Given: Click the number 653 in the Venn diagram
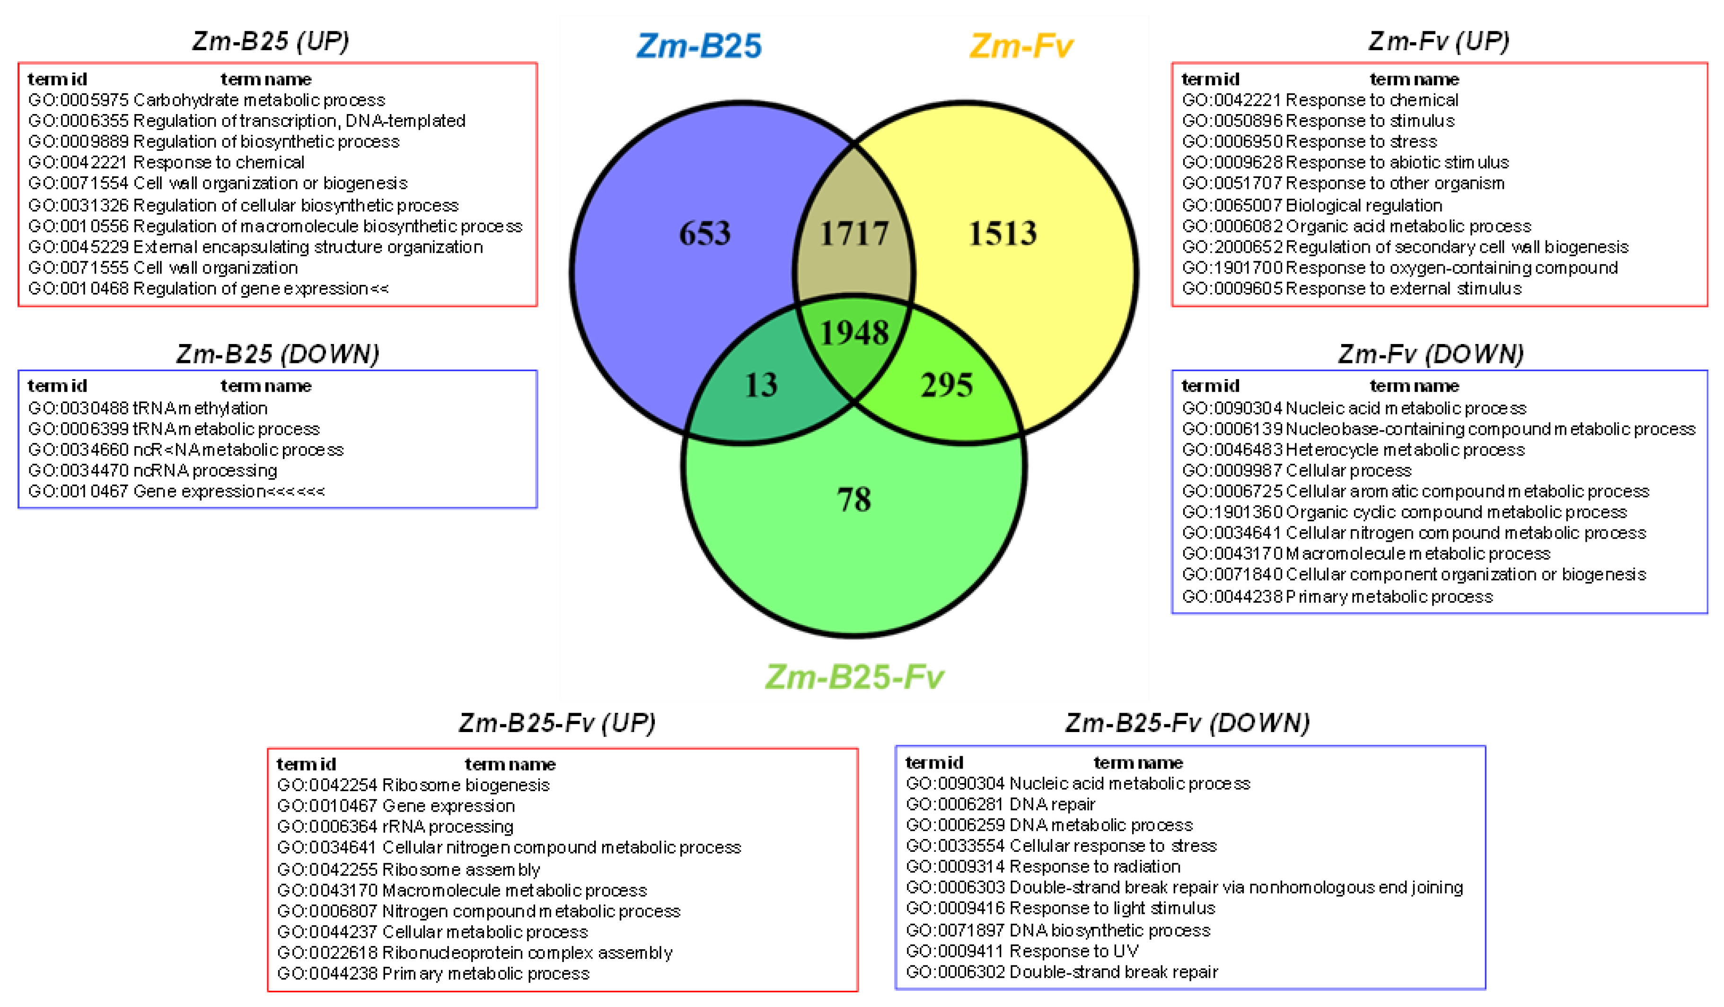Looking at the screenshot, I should tap(704, 233).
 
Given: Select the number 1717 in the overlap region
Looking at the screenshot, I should tap(854, 234).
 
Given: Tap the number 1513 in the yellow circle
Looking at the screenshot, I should tap(1002, 233).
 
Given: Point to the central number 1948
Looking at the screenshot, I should tap(854, 333).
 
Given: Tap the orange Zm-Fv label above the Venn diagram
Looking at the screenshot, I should tap(1020, 46).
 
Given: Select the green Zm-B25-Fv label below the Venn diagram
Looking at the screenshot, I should tap(854, 677).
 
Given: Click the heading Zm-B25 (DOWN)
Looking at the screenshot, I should tap(277, 353).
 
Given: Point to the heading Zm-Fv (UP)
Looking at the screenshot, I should tap(1439, 41).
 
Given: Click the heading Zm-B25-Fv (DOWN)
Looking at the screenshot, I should tap(1187, 723).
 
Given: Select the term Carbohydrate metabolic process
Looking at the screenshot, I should tap(259, 100).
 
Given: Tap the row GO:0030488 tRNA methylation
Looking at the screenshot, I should tap(148, 408).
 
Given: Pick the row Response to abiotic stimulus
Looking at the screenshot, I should tap(1397, 162).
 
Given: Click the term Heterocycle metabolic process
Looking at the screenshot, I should tap(1405, 450).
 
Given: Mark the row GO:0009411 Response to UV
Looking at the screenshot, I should tap(1022, 951).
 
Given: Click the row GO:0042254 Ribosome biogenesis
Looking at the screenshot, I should tap(413, 785).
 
